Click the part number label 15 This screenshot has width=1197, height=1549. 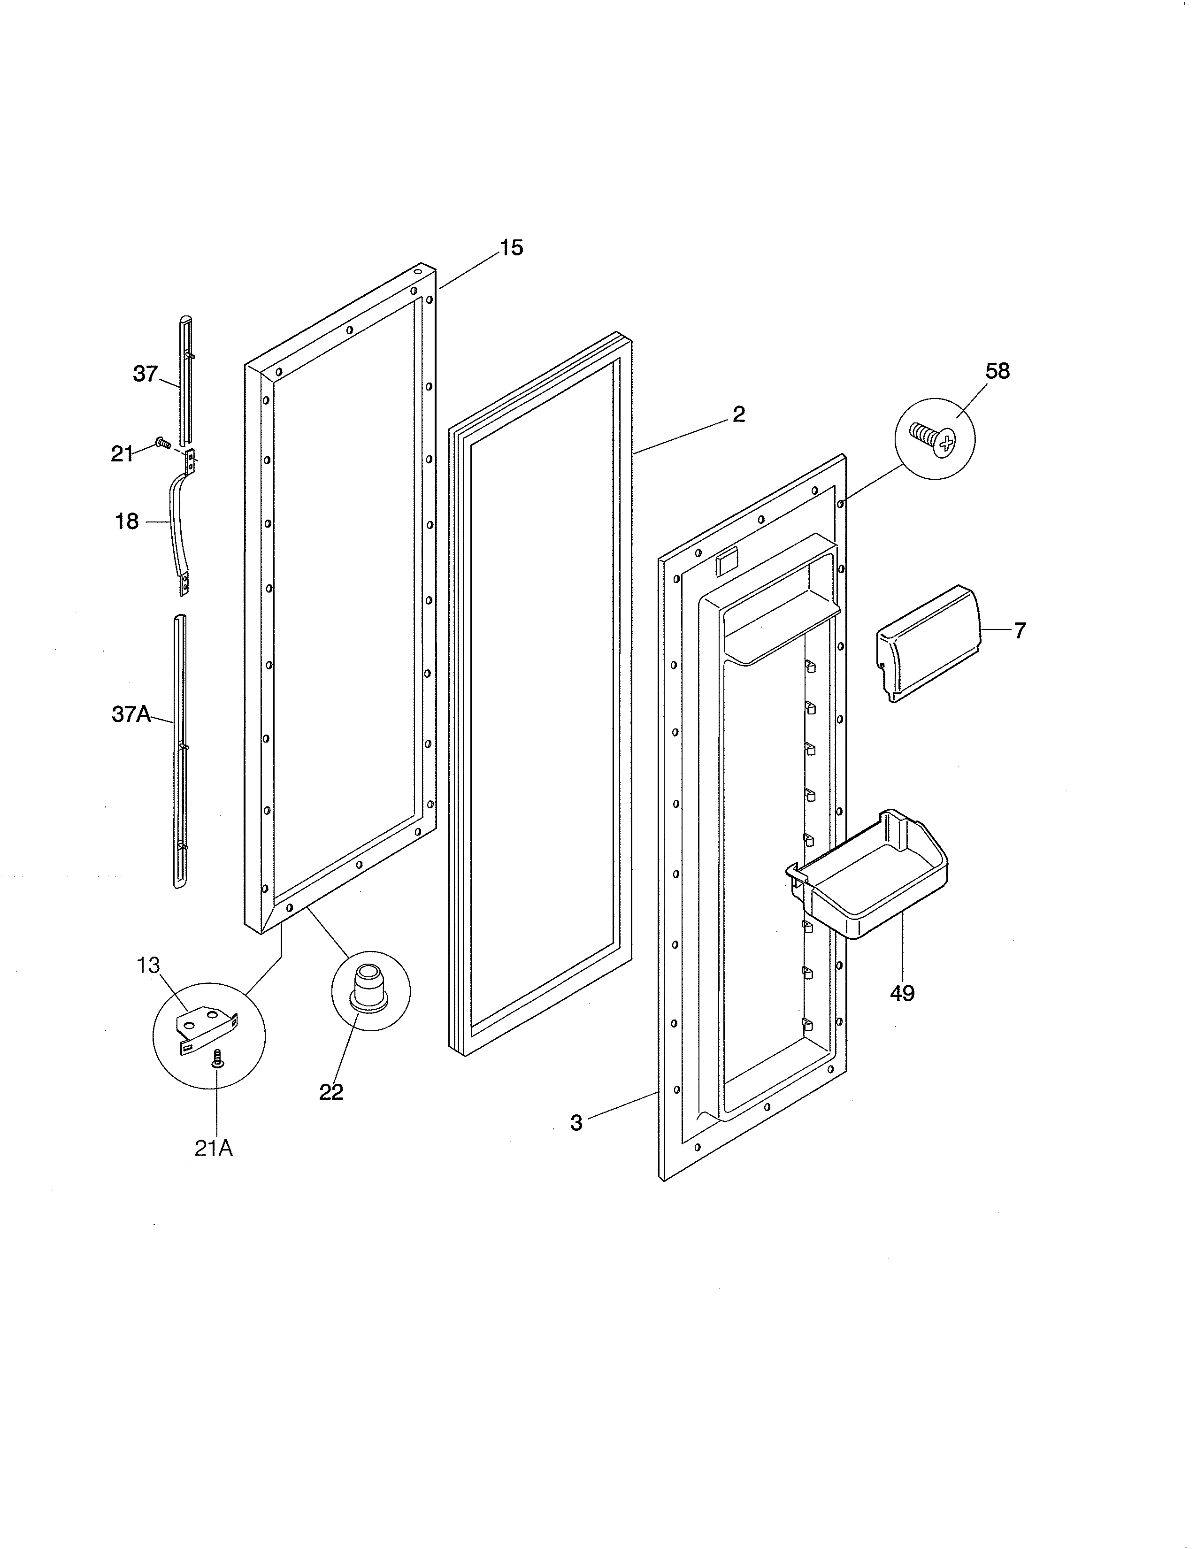511,248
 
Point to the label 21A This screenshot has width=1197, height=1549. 214,1148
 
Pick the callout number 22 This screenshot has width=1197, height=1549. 331,1092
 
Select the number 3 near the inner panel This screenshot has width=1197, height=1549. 576,1123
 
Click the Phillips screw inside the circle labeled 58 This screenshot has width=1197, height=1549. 933,439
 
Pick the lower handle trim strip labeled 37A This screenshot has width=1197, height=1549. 180,748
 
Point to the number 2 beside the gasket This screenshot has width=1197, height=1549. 739,415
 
